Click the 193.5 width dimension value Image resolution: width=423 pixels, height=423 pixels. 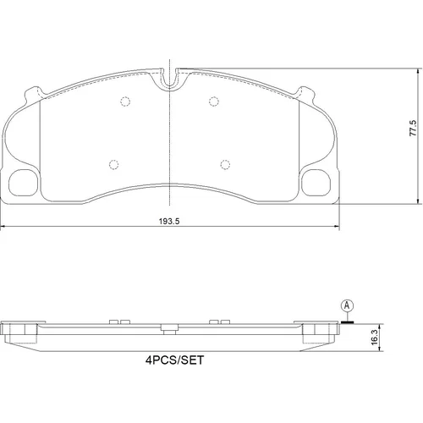coord(169,222)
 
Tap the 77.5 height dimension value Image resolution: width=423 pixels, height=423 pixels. coord(413,128)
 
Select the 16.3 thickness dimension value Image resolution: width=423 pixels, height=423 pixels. coord(374,337)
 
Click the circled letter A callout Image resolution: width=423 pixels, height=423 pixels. coord(347,305)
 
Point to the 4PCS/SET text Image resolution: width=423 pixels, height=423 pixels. coord(174,360)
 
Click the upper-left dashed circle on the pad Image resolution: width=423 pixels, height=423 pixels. coord(125,102)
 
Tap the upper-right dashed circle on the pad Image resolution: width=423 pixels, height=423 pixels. coord(214,102)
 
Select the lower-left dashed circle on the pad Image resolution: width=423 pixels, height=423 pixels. coord(113,165)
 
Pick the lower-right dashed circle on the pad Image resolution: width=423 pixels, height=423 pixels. coord(225,165)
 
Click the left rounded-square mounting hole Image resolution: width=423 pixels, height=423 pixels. coord(24,183)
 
